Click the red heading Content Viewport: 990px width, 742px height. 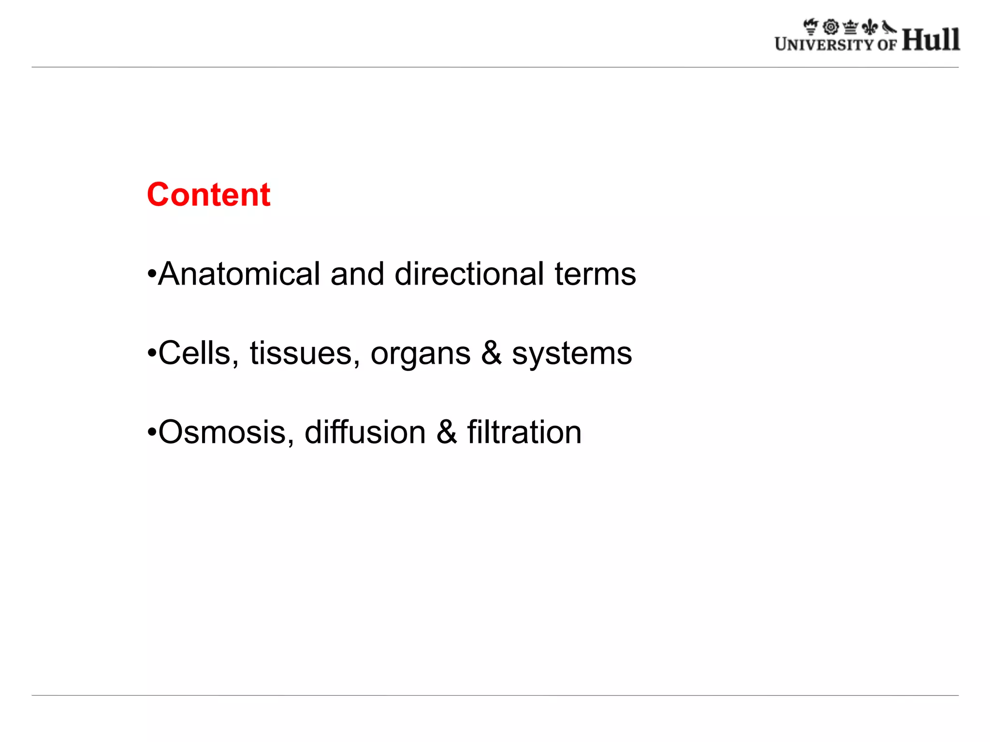tap(208, 195)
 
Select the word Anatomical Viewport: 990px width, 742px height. tap(239, 274)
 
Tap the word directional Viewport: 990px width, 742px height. tap(469, 274)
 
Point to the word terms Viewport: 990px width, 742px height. tap(595, 274)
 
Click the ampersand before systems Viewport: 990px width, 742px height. tap(491, 353)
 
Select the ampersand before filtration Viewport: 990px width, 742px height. tap(446, 432)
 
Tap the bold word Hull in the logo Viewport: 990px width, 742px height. tap(931, 40)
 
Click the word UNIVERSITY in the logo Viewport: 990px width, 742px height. tap(824, 44)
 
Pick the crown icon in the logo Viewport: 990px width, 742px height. tap(850, 27)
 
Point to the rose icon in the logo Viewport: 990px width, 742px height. tap(831, 27)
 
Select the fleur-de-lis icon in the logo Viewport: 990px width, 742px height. tap(870, 27)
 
